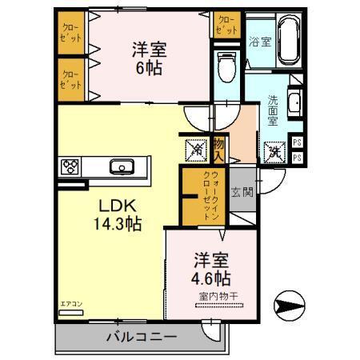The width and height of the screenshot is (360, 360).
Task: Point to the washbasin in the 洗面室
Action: (293, 102)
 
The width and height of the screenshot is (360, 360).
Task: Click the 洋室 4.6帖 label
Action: (212, 270)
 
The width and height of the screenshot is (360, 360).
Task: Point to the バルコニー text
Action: (141, 337)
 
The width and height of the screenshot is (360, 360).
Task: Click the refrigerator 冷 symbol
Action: (195, 148)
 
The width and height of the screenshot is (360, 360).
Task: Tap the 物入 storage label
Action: (218, 148)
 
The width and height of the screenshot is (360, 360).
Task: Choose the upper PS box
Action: (297, 142)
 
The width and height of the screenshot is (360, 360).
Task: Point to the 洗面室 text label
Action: (273, 111)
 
